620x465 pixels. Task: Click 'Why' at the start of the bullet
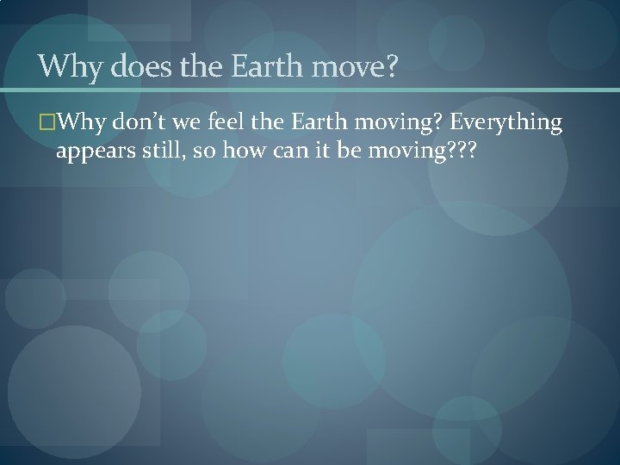[75, 125]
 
